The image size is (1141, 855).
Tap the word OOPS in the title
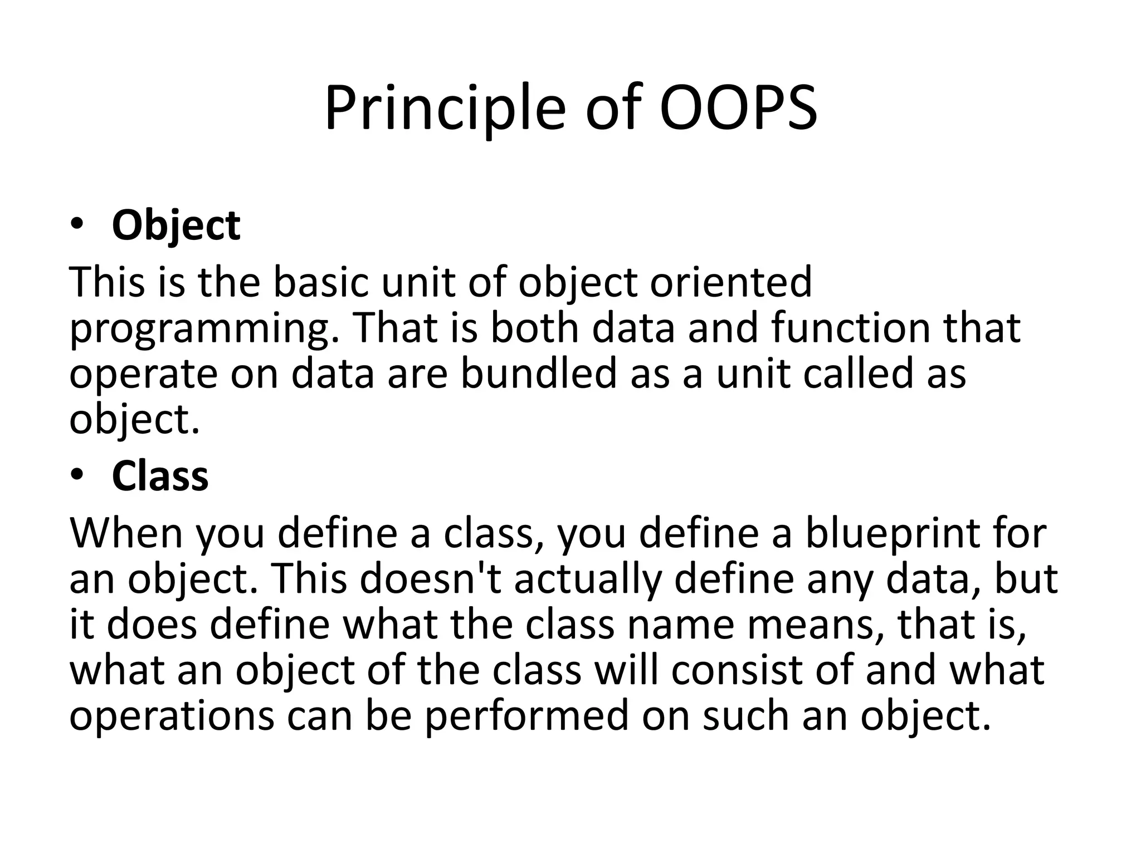coord(738,109)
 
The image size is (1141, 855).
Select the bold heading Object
coord(176,225)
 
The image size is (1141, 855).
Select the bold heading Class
coord(160,476)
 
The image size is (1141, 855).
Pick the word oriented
coord(731,282)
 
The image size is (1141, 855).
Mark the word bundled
coord(539,374)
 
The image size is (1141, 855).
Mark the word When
coord(126,533)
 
